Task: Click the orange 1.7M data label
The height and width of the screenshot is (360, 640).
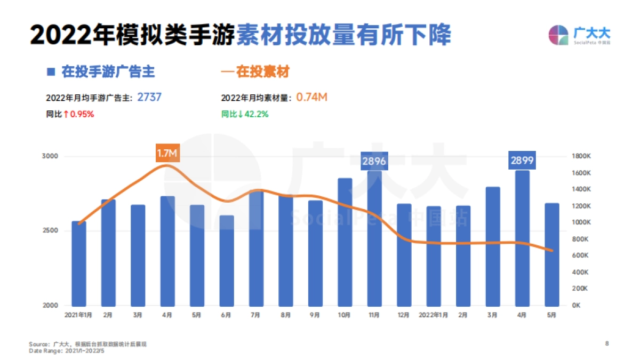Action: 167,153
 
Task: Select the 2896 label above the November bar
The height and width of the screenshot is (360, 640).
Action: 374,161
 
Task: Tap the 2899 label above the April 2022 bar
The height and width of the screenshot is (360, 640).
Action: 522,160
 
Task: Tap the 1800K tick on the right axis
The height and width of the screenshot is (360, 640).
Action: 580,156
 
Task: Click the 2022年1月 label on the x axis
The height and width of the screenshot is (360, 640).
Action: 434,315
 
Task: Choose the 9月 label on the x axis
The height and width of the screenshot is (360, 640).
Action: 315,315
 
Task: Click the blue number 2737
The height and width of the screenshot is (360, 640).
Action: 149,97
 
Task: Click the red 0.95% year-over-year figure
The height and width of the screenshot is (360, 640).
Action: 82,114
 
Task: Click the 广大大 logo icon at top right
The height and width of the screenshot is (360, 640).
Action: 558,35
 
